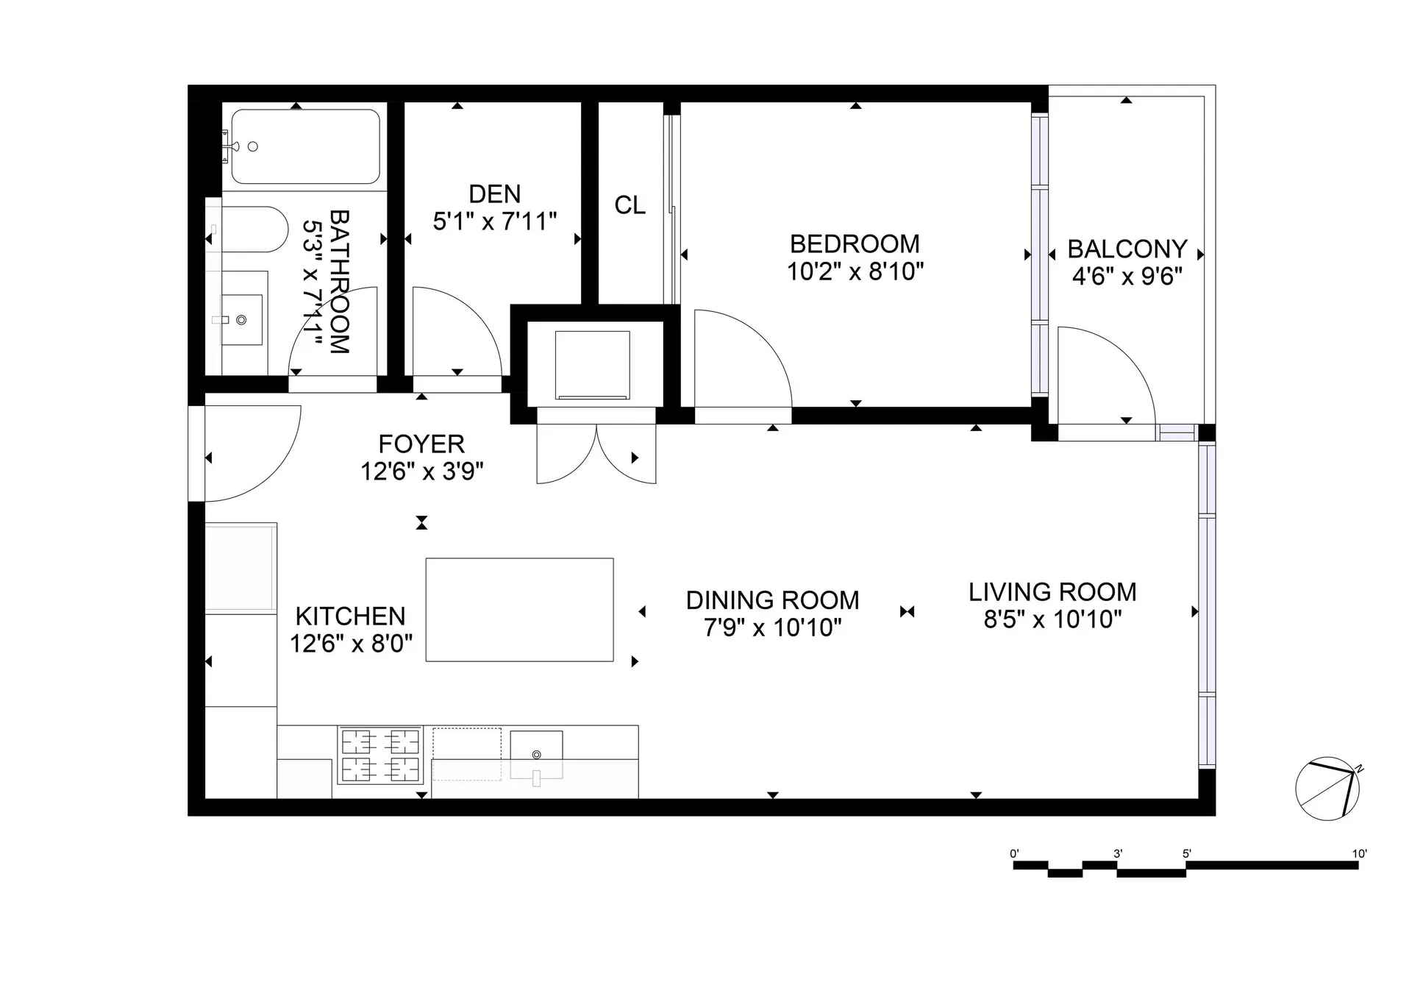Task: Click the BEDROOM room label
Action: coord(855,243)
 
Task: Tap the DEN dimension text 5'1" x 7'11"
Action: coord(494,221)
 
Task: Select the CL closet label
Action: coord(630,205)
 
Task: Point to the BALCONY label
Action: coord(1127,249)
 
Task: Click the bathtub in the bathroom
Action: coord(305,146)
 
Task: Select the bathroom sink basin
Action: coord(242,320)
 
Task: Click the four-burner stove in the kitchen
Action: coord(381,755)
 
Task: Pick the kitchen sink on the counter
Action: coord(536,752)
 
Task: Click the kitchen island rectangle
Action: coord(519,609)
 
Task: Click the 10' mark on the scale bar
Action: coord(1358,855)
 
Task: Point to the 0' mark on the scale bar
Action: coord(1015,855)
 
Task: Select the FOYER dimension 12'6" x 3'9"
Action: coord(421,471)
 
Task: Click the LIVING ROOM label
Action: coord(1052,591)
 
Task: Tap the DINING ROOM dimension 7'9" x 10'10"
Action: coord(772,627)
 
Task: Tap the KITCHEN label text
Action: coord(350,616)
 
